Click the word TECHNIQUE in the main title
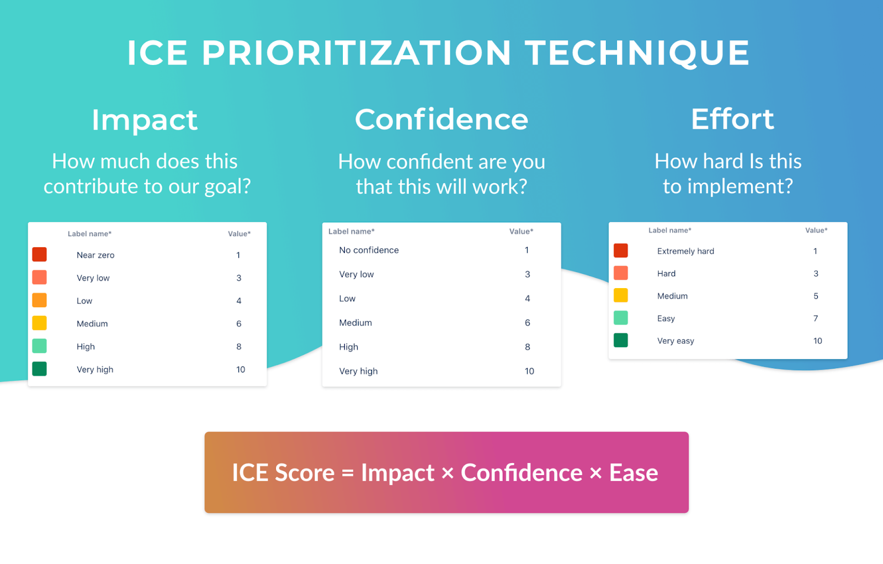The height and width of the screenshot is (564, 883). pyautogui.click(x=637, y=53)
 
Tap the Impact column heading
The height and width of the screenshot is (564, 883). pyautogui.click(x=145, y=120)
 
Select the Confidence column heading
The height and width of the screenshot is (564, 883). pyautogui.click(x=441, y=119)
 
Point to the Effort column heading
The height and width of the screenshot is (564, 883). pyautogui.click(x=732, y=119)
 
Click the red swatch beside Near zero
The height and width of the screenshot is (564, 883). pyautogui.click(x=40, y=254)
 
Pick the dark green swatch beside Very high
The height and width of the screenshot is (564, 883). pyautogui.click(x=40, y=369)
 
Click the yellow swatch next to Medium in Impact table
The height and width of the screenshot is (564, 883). pyautogui.click(x=40, y=323)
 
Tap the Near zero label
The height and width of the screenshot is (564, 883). pyautogui.click(x=95, y=255)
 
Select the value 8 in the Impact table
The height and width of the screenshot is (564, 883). pyautogui.click(x=239, y=347)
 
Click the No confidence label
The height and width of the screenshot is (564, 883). pyautogui.click(x=369, y=250)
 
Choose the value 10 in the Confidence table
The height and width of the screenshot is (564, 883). pyautogui.click(x=529, y=371)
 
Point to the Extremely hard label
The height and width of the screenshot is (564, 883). pyautogui.click(x=685, y=251)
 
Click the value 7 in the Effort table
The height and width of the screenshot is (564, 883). pyautogui.click(x=816, y=318)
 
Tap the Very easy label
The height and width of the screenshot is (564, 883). pyautogui.click(x=675, y=341)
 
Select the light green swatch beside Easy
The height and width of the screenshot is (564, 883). pyautogui.click(x=621, y=318)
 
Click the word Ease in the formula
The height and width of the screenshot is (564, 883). pyautogui.click(x=634, y=473)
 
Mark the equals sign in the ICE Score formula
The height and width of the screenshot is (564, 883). pyautogui.click(x=348, y=473)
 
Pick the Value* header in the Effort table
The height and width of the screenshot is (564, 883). pyautogui.click(x=816, y=230)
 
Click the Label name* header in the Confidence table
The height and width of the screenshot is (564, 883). pyautogui.click(x=352, y=231)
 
